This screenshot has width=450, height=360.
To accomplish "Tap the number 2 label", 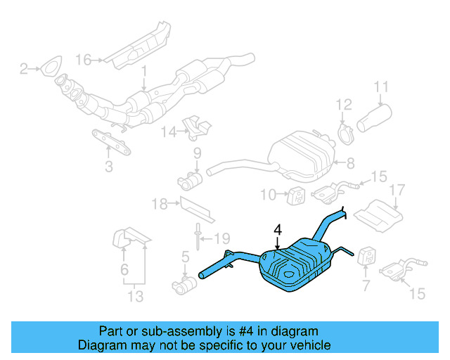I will pos(23,68).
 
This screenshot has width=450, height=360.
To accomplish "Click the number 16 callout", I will pos(84,60).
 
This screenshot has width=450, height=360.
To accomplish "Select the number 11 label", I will pos(380,88).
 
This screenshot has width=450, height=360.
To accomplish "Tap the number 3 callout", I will pos(108,167).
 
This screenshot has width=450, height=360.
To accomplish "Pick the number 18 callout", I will pos(159,205).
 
